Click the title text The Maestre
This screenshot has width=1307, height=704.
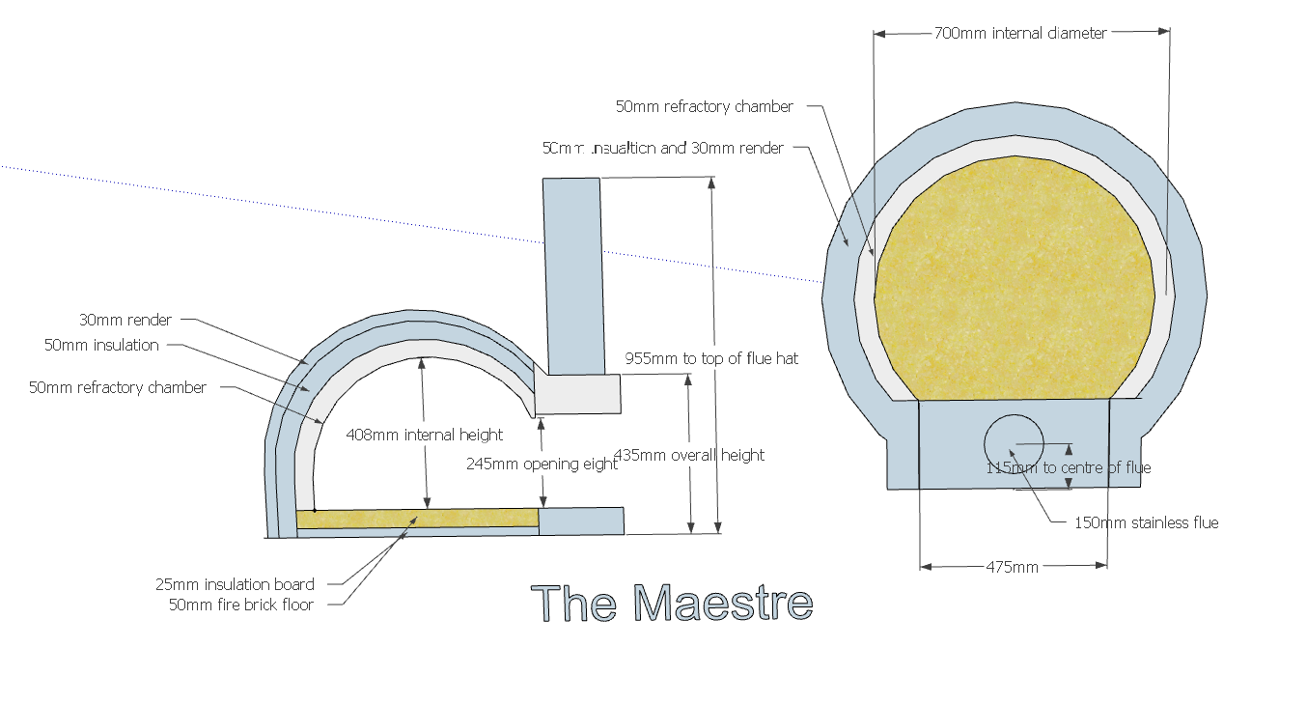[672, 603]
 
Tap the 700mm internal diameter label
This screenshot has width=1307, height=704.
[1020, 33]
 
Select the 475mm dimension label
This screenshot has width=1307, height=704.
[1012, 567]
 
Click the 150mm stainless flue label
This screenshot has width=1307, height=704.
[1146, 522]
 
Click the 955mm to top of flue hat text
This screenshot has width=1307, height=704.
[711, 358]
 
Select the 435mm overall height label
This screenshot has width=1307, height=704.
[689, 455]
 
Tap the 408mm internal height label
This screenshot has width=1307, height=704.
[424, 435]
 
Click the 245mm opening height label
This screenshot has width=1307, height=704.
[542, 464]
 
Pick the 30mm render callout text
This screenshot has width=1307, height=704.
[125, 320]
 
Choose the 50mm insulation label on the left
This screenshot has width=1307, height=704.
[101, 345]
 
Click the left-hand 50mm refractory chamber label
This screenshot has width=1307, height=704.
[118, 387]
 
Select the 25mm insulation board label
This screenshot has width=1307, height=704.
[235, 583]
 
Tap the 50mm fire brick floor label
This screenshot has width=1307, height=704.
[241, 605]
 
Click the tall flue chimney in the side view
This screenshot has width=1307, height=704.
[573, 275]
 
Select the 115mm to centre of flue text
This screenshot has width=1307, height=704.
[1068, 467]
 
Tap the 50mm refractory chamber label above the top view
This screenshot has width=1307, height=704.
[704, 106]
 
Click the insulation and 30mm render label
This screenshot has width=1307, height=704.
[663, 149]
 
